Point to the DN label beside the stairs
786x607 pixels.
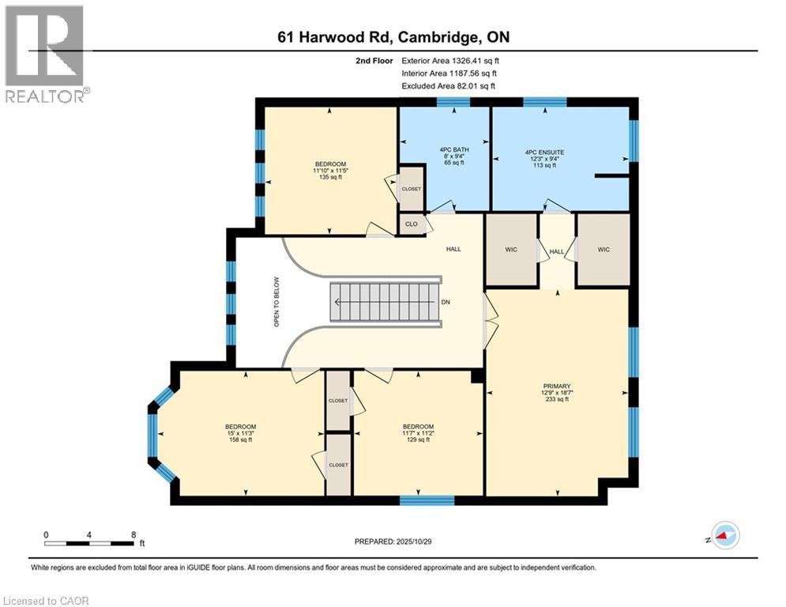tap(446, 302)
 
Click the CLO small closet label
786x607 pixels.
tap(411, 224)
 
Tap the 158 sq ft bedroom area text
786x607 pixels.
tap(240, 440)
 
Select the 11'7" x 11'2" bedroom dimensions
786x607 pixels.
tap(417, 433)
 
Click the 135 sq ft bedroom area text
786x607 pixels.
tap(329, 177)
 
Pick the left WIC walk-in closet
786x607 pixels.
tap(510, 250)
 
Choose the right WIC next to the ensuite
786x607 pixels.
tap(603, 250)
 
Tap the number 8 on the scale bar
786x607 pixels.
tap(132, 533)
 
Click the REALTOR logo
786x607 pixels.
tap(46, 54)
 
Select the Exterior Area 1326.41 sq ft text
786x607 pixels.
tap(450, 59)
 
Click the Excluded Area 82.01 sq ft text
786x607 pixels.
tap(450, 85)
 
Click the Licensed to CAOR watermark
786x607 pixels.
tap(47, 601)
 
